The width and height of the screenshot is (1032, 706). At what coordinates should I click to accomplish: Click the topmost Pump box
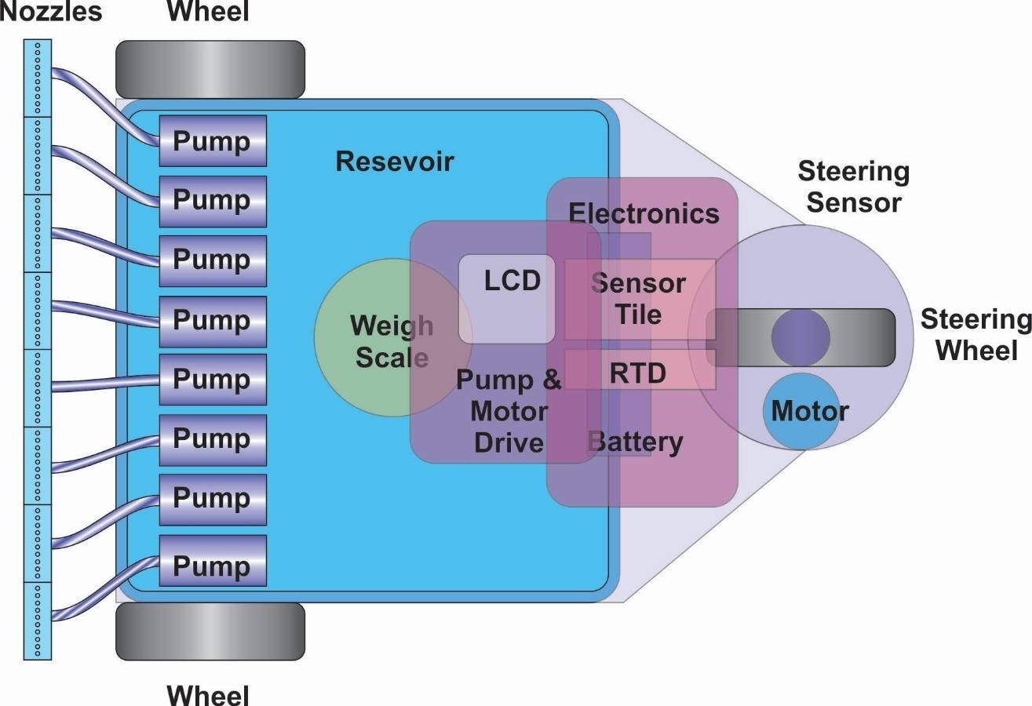213,141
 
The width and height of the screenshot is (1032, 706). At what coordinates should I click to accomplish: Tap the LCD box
507,298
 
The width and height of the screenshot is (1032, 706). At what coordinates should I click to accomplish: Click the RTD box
639,370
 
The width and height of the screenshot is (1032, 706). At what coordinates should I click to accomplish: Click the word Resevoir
395,162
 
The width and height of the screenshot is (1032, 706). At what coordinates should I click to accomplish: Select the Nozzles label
51,12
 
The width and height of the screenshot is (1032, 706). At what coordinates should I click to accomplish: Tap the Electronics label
644,213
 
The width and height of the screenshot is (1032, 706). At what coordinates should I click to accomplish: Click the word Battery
636,442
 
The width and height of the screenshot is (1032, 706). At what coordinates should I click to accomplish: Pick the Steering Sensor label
853,187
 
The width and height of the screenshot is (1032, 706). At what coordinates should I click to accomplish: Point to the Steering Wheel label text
975,335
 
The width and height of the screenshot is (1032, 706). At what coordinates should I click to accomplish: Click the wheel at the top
210,69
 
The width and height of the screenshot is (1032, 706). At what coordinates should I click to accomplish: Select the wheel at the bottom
210,631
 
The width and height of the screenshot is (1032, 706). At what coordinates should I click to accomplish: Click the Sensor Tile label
639,299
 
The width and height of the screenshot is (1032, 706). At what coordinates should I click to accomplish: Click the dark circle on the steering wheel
800,337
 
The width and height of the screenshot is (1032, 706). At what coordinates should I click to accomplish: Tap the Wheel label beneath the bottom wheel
208,695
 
